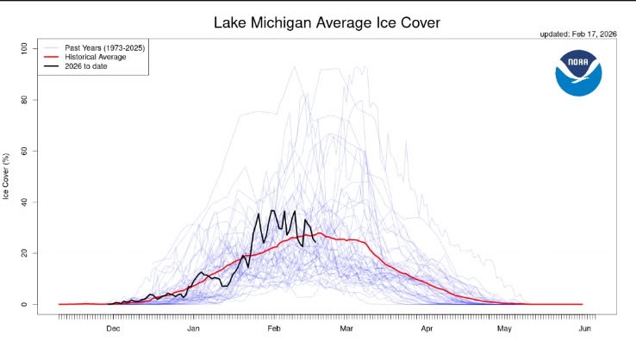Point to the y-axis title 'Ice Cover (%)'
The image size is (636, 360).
[x=7, y=176]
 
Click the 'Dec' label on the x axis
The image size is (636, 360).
[x=113, y=329]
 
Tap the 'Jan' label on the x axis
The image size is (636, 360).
[x=193, y=329]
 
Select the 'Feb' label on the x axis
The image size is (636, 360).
[x=273, y=329]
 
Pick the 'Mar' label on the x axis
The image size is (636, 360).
[x=346, y=329]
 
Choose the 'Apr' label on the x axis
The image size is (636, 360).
[x=427, y=329]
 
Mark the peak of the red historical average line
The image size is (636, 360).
[x=320, y=233]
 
